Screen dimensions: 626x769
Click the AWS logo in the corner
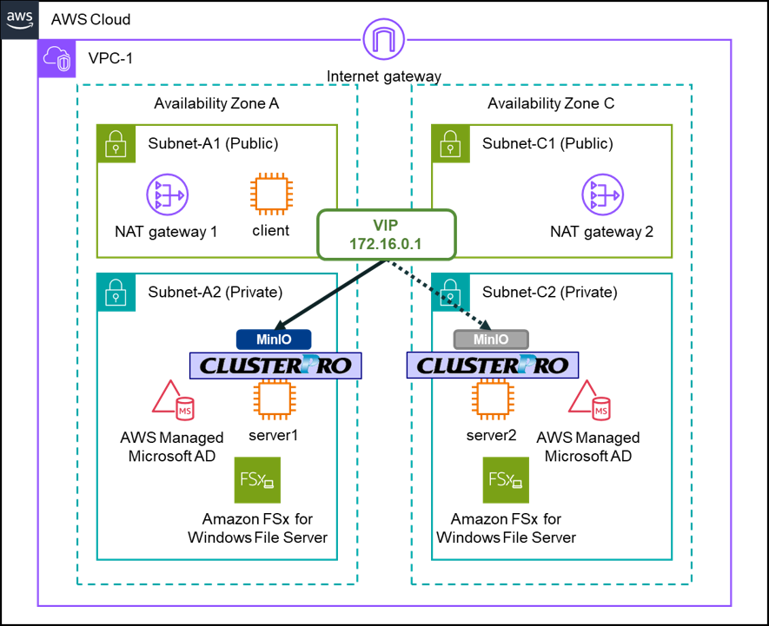(19, 19)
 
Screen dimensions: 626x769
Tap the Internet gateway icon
(383, 38)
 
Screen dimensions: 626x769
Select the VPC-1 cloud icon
(58, 59)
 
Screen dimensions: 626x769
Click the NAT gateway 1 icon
(165, 196)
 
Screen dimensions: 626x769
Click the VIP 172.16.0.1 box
(386, 234)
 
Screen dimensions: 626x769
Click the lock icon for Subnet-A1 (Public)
(116, 144)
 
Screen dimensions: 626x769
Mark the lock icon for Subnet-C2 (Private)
(451, 293)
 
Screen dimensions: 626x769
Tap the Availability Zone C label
(551, 104)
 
